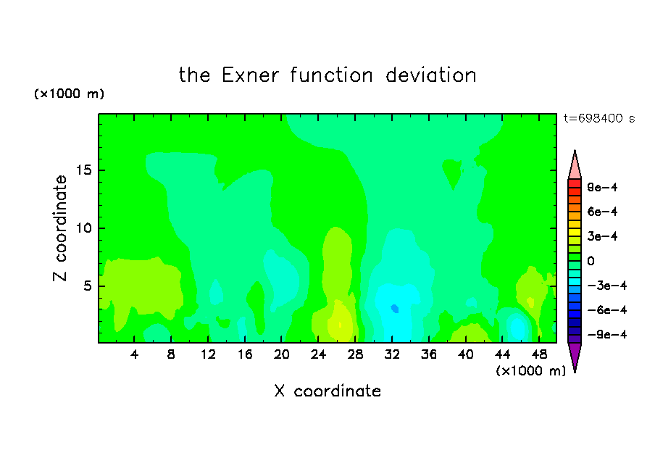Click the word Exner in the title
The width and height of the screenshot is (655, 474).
[250, 75]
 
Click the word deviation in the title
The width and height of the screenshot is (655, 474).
[430, 75]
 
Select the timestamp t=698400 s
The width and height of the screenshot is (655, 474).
[599, 118]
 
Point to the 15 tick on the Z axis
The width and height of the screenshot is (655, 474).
[84, 170]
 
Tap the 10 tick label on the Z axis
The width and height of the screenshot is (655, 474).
[84, 228]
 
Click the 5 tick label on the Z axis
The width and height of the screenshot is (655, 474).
[88, 286]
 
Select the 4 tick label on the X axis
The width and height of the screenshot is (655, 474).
[134, 354]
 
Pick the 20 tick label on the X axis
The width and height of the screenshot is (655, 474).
[282, 354]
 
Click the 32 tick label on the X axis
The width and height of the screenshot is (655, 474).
[392, 354]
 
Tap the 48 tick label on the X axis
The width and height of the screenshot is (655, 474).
[539, 354]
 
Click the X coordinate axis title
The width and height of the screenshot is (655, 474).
[327, 391]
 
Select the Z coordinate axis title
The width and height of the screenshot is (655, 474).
[60, 228]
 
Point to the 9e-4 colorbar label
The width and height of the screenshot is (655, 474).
[602, 187]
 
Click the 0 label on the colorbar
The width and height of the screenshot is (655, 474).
[591, 261]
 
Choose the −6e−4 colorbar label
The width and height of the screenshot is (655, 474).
[606, 310]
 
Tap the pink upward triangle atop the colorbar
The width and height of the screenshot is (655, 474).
[575, 165]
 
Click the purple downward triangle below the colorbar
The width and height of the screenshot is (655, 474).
[575, 356]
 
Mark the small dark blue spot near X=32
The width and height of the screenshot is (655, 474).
[395, 309]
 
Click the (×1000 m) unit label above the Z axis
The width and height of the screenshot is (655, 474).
[69, 93]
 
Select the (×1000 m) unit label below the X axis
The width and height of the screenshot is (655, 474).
[530, 371]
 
